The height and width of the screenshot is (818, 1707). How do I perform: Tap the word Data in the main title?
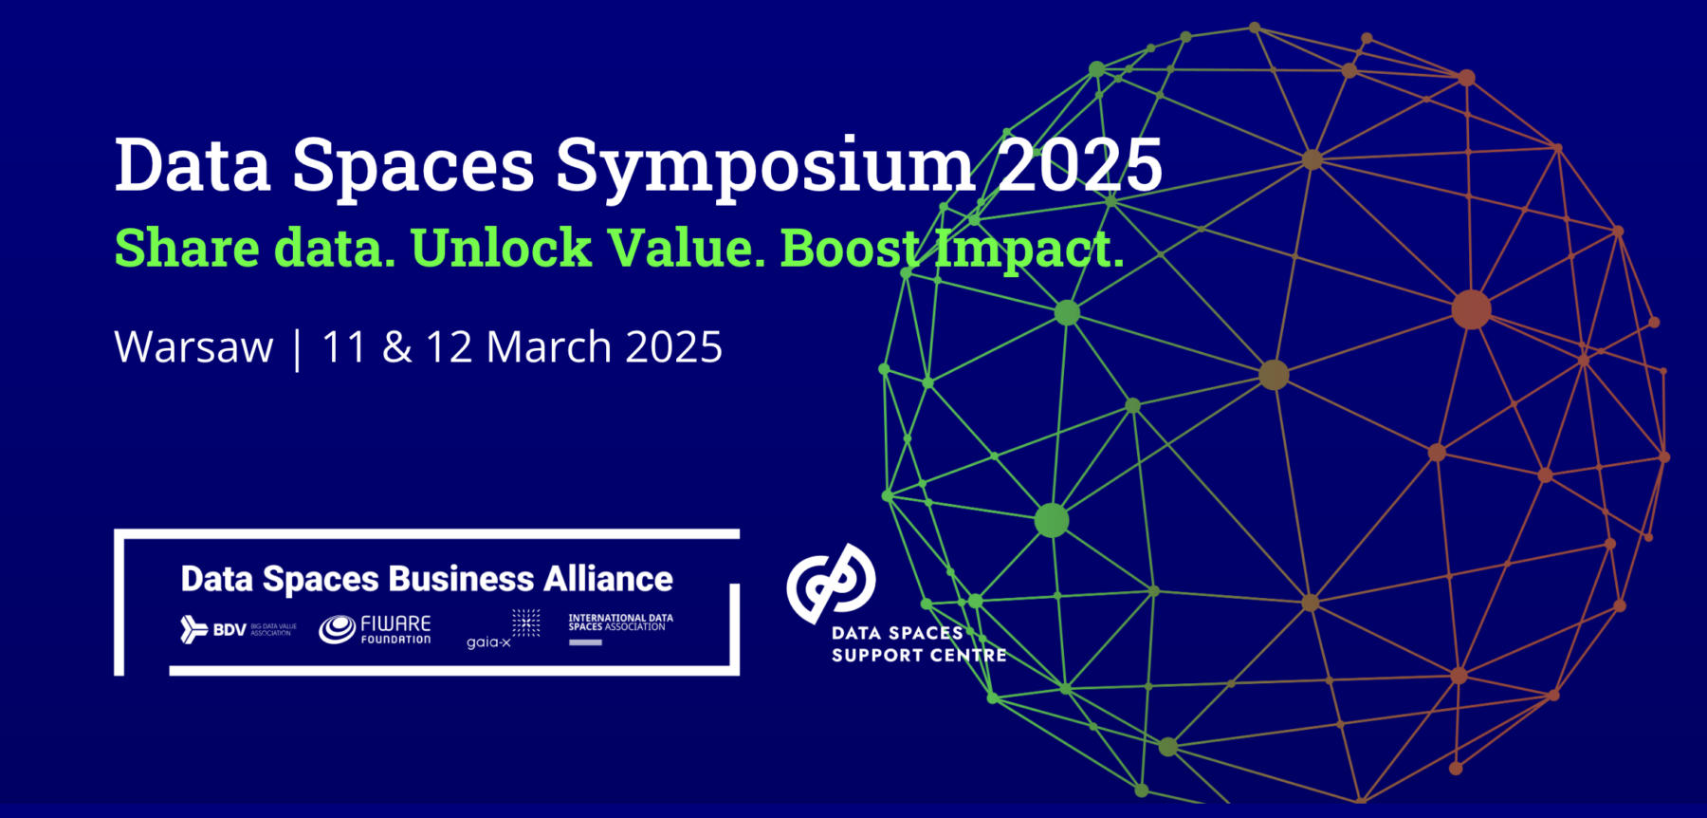coord(193,166)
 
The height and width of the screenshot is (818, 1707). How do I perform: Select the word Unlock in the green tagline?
coord(501,249)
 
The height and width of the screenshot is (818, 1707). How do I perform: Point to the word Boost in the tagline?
coord(850,249)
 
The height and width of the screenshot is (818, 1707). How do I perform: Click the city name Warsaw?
coord(193,347)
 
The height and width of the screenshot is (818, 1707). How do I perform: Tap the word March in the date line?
coord(548,347)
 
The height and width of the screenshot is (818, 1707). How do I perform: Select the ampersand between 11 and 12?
coord(396,347)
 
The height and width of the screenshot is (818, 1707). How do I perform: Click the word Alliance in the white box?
coord(608,579)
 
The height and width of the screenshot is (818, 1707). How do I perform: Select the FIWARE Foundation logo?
coord(375,629)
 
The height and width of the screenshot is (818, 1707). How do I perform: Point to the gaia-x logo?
coord(503,630)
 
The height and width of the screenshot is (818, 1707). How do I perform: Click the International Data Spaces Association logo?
coord(620,627)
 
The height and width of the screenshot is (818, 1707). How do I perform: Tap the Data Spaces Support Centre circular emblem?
coord(831,581)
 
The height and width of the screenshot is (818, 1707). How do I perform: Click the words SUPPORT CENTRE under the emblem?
coord(918,656)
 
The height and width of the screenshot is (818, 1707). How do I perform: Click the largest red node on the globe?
coord(1471,310)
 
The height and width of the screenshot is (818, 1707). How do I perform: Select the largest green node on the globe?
coord(1051,520)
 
